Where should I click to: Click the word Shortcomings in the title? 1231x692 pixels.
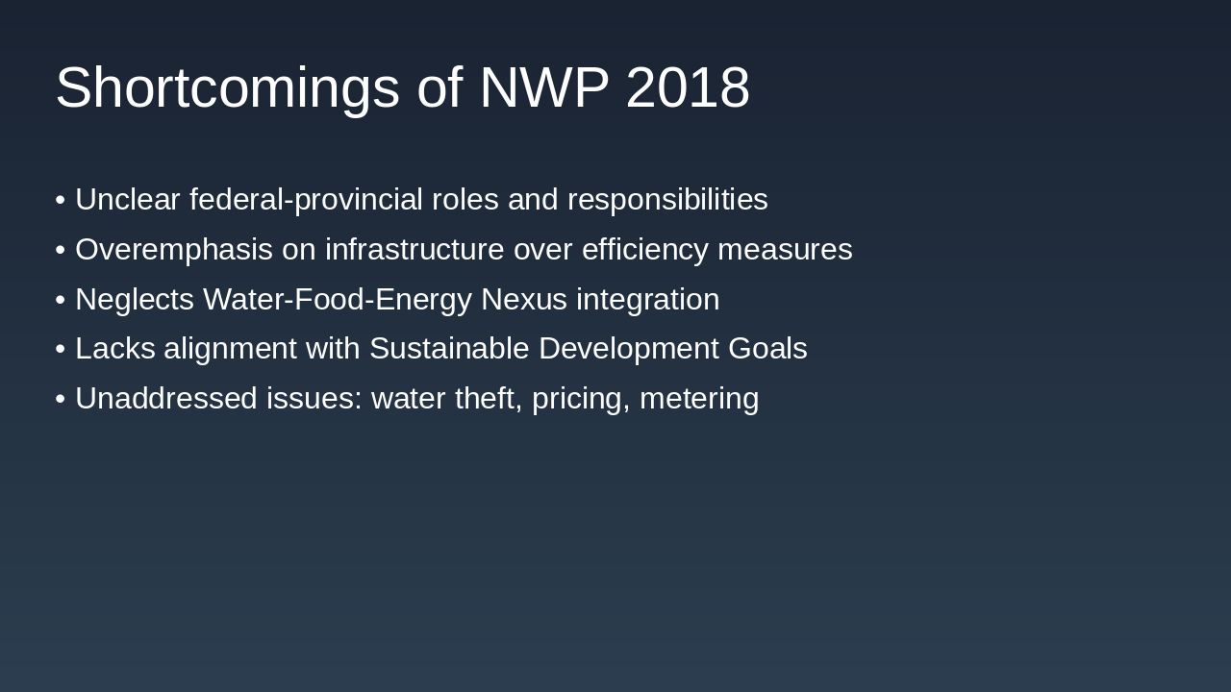click(x=227, y=88)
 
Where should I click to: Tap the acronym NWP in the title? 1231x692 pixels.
click(x=543, y=88)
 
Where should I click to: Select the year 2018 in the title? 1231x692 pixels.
click(x=688, y=88)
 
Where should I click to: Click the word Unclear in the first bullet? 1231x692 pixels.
click(x=128, y=200)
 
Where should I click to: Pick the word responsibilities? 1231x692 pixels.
click(x=667, y=200)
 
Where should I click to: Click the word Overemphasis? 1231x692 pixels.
click(x=174, y=250)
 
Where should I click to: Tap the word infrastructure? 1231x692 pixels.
click(x=415, y=250)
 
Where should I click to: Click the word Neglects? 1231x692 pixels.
click(x=135, y=300)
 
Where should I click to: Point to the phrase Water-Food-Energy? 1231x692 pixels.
click(x=338, y=300)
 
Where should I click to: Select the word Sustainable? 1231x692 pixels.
click(x=449, y=349)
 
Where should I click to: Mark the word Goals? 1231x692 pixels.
click(x=767, y=349)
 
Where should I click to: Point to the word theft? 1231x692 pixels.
click(x=489, y=399)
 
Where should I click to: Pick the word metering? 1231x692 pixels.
click(x=699, y=399)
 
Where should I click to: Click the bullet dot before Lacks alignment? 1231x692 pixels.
click(x=61, y=349)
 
